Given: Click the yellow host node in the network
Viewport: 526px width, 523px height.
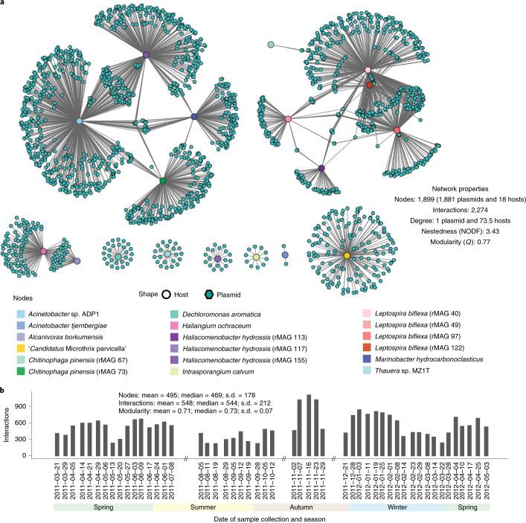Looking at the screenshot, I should [x=347, y=256].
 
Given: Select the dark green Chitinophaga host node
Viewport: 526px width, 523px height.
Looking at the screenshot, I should [x=162, y=181].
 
